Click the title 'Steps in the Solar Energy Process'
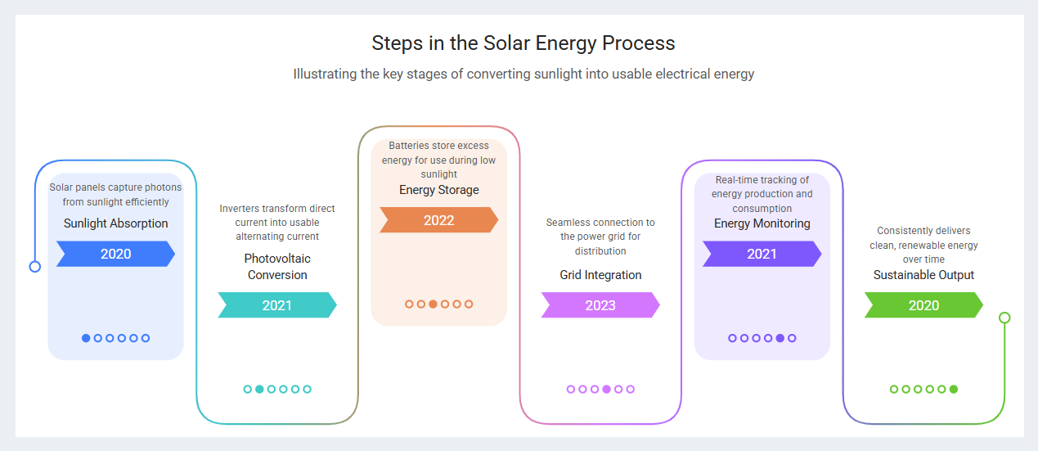[523, 43]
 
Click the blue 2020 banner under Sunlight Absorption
[115, 254]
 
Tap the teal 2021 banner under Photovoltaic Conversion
[276, 305]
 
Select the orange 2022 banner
[438, 220]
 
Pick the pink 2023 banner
[600, 305]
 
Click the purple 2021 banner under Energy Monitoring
[762, 254]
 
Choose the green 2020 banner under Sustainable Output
[923, 305]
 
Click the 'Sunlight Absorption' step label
[115, 223]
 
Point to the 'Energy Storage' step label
[438, 190]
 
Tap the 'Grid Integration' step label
[600, 275]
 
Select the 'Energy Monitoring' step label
[762, 223]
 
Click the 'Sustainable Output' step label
[923, 275]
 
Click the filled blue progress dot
[86, 338]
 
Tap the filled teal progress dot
[259, 390]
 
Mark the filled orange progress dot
[433, 304]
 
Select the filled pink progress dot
[606, 390]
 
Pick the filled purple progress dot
[780, 338]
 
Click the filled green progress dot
[954, 390]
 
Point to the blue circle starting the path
[34, 266]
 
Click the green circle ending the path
[1005, 318]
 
